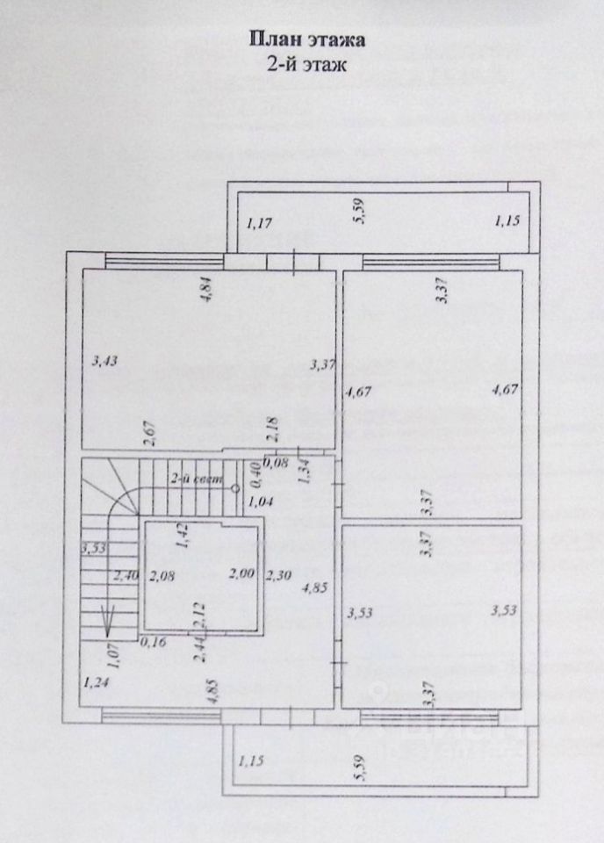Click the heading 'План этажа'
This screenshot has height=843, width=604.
point(302,40)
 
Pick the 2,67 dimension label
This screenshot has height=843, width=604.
point(148,430)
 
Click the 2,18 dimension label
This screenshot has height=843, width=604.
point(272,428)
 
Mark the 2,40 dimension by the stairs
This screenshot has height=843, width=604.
point(126,576)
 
